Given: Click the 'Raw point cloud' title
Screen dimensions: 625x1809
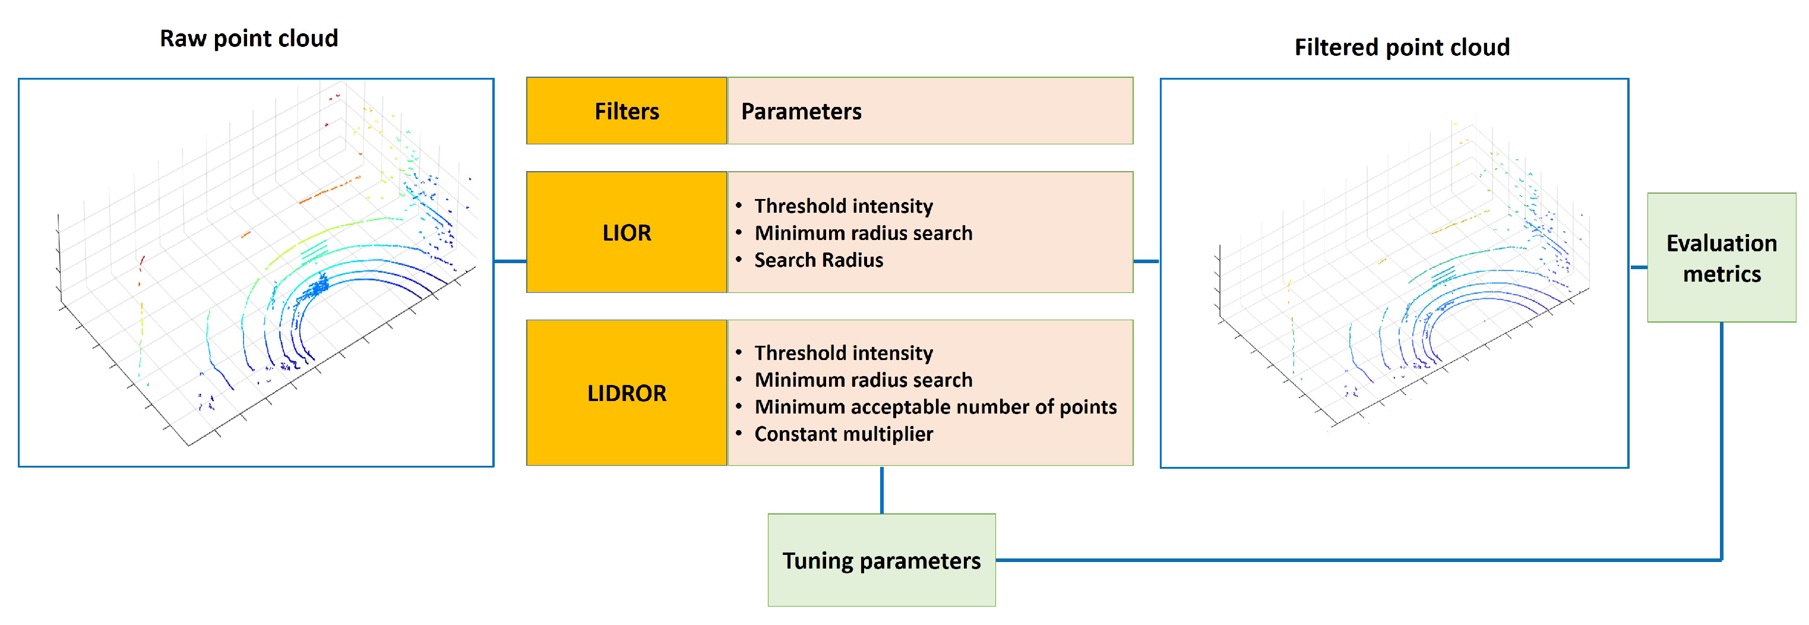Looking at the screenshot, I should pyautogui.click(x=249, y=38).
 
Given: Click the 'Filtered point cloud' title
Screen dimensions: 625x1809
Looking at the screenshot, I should pyautogui.click(x=1401, y=47).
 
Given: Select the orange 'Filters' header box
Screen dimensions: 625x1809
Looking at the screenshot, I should pyautogui.click(x=627, y=111).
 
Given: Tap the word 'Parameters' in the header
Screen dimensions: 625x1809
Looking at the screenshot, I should pyautogui.click(x=801, y=111).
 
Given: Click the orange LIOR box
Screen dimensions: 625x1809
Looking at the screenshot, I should pyautogui.click(x=627, y=232).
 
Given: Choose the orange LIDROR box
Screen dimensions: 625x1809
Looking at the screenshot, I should pyautogui.click(x=627, y=393).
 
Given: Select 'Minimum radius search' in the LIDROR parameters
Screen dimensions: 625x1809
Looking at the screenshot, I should pyautogui.click(x=863, y=380).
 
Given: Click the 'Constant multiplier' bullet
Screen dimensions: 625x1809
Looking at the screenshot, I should pyautogui.click(x=843, y=434).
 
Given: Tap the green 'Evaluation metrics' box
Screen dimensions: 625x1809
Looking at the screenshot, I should pyautogui.click(x=1721, y=258).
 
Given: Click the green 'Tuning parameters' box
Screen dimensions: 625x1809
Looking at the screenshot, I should pyautogui.click(x=881, y=560).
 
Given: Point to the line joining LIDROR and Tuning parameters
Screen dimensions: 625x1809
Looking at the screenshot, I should pyautogui.click(x=881, y=490).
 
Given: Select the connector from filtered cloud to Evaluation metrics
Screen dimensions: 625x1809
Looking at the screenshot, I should pyautogui.click(x=1637, y=267).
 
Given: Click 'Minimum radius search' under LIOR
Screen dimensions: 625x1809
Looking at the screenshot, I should pyautogui.click(x=863, y=233).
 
